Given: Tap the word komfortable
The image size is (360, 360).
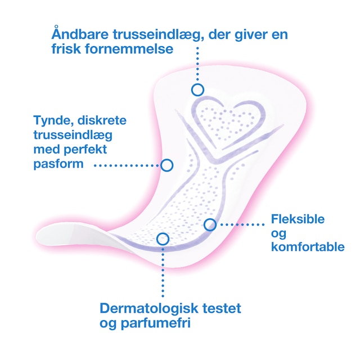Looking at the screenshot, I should pos(307,246).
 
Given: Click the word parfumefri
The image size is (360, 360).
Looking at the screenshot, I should pos(152,324).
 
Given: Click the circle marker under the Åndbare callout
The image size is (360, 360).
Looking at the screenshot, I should pos(197,89).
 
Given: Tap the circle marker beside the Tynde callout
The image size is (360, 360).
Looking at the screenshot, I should pos(166,165).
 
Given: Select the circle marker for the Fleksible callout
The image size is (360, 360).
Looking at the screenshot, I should pos(210,224).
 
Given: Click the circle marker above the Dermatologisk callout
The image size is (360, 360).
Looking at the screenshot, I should pos(163,238).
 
